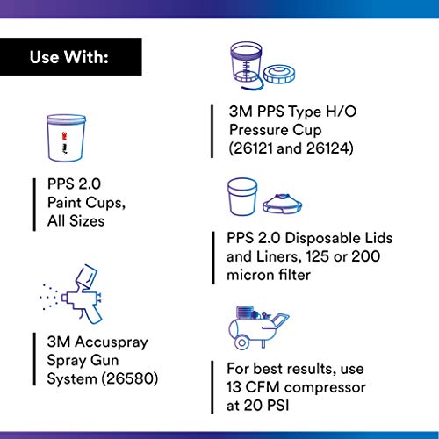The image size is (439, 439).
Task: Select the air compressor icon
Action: coord(256,327)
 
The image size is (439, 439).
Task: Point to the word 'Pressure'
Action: coord(252,131)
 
